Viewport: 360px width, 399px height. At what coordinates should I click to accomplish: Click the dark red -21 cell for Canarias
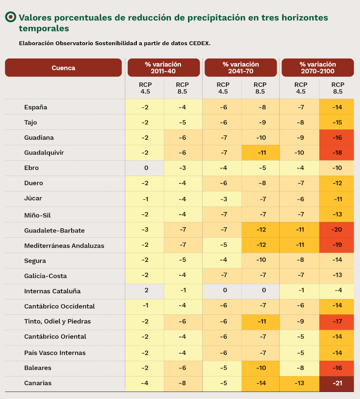[337, 383]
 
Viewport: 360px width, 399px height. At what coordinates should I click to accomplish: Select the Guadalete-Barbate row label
[54, 231]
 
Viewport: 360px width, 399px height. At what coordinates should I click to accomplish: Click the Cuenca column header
[63, 68]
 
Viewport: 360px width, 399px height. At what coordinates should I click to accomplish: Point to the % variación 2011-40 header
[163, 68]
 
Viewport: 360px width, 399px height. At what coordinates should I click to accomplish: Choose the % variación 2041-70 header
[241, 68]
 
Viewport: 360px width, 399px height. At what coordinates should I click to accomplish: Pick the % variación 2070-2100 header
[318, 68]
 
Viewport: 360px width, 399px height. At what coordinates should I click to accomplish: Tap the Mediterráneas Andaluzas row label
[64, 246]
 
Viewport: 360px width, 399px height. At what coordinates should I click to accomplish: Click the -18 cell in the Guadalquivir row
[337, 153]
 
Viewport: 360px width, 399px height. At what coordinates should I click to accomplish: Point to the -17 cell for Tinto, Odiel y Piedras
[337, 322]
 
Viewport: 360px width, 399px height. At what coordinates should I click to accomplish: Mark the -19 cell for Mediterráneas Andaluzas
[337, 246]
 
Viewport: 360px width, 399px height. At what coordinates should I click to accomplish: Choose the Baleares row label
[38, 368]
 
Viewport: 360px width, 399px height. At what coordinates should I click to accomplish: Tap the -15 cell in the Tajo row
[337, 122]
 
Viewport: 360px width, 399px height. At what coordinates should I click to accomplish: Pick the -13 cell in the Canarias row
[301, 383]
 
